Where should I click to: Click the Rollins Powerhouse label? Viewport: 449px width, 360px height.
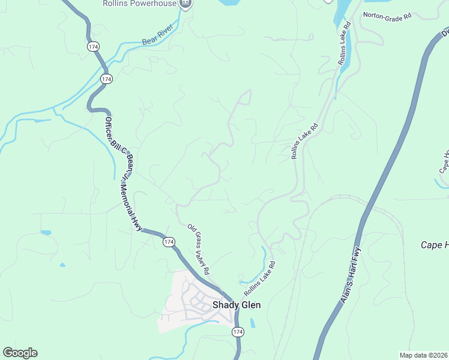click(147, 4)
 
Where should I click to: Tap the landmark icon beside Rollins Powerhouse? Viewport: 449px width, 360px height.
click(185, 4)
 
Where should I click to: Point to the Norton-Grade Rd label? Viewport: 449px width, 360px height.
click(387, 15)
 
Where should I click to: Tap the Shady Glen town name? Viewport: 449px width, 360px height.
click(237, 305)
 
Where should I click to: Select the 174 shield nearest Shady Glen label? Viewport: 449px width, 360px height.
click(238, 332)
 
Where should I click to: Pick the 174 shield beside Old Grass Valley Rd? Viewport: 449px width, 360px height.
click(169, 242)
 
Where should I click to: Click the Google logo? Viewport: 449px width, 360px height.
click(20, 353)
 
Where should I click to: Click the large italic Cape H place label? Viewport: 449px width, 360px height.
click(433, 245)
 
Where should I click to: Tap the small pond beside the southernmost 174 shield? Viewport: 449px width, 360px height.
click(252, 323)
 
